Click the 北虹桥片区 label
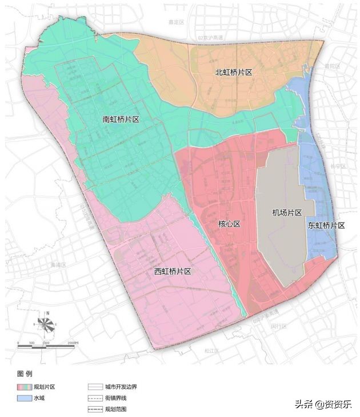234,73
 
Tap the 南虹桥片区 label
121,120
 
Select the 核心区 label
230,224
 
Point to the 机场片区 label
287,213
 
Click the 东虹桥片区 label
326,225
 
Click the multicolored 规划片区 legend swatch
24,387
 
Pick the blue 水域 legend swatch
24,398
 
